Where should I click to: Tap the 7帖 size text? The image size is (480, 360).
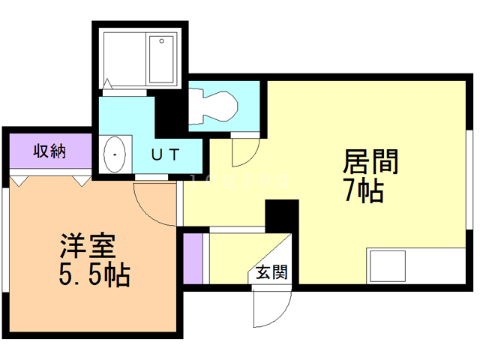364,192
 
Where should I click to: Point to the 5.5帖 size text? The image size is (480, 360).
94,275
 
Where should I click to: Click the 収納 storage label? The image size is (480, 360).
49,151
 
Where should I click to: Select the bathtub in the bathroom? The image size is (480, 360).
160,59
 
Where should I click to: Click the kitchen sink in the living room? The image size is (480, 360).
387,266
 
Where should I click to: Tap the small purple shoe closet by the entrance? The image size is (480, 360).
193,259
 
